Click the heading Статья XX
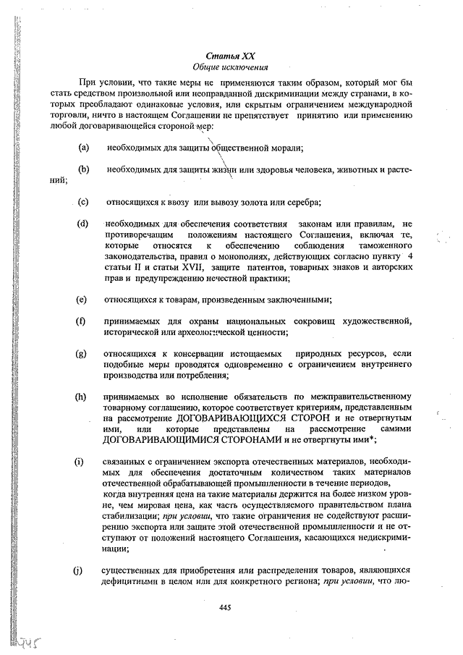point(231,56)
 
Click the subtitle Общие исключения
point(231,67)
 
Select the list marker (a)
point(84,148)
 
